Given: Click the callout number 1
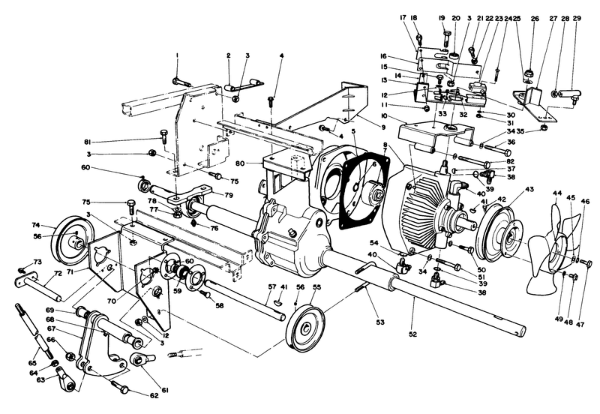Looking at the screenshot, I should [x=177, y=56].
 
